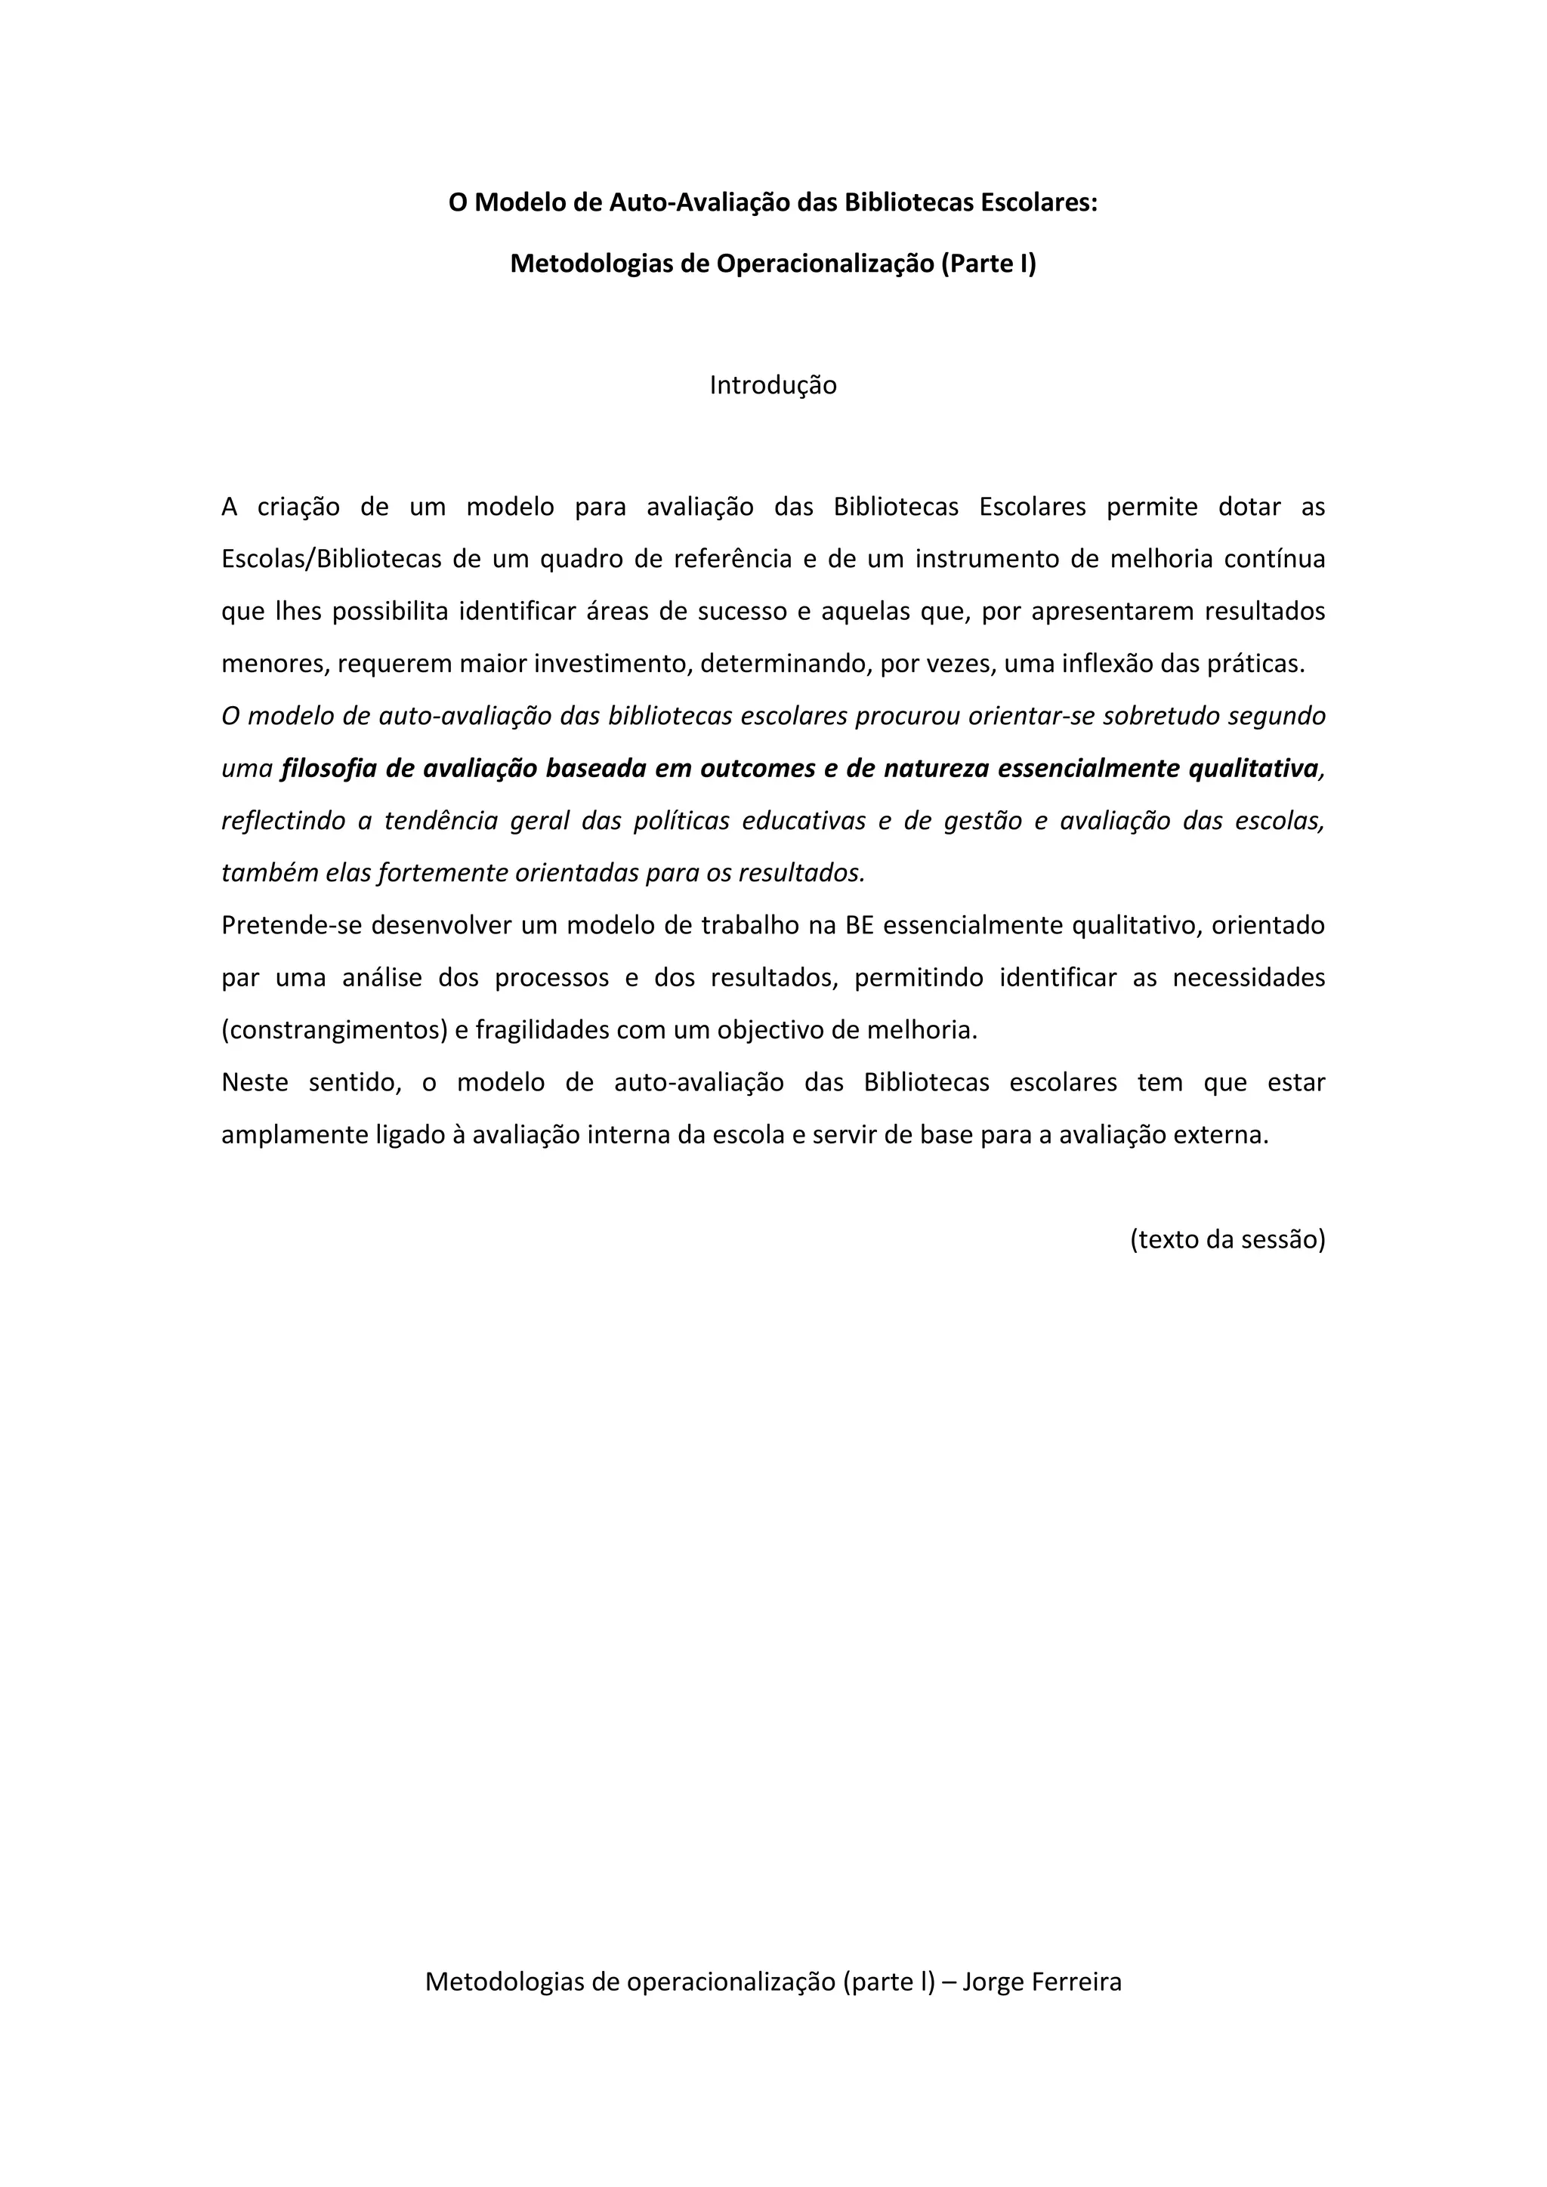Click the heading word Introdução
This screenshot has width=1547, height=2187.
773,385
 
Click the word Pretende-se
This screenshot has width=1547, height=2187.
292,926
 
